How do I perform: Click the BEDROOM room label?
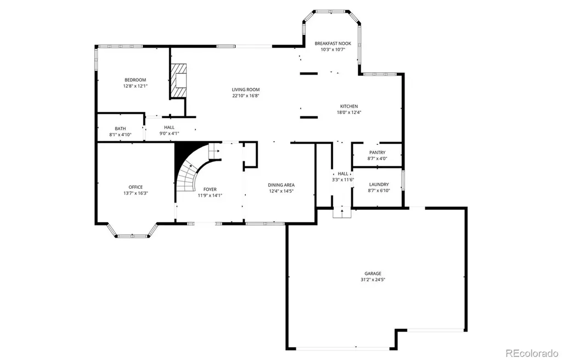pos(135,80)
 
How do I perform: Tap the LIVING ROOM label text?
pos(245,89)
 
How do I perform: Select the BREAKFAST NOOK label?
pos(333,43)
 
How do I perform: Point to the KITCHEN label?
pos(349,106)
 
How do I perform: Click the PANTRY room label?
pos(378,153)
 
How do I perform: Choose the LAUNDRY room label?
pos(379,184)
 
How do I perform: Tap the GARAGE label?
pos(373,274)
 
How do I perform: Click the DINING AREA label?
pos(282,185)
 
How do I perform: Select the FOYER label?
pos(210,189)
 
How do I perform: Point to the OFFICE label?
pos(136,187)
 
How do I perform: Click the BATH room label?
pos(120,128)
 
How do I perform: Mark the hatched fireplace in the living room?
pos(178,81)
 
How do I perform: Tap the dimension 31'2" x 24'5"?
pos(373,280)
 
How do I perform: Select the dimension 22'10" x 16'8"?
pos(245,95)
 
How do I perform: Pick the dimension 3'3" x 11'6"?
pos(343,179)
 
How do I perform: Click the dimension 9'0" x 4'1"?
pos(169,133)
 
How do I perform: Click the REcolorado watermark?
pos(532,353)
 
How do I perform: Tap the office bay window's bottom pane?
pos(133,236)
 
